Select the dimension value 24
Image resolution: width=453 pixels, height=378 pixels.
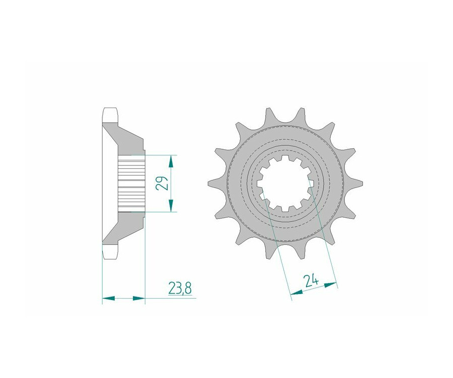point(311,281)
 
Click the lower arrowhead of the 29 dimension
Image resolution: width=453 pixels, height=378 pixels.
point(171,206)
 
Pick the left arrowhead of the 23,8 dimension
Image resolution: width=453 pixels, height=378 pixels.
point(109,298)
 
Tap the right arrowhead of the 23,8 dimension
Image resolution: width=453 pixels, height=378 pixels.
point(138,298)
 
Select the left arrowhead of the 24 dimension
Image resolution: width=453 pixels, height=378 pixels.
point(296,293)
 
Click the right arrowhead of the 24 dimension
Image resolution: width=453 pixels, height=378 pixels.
point(331,285)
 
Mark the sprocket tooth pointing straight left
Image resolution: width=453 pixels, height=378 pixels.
point(216,183)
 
